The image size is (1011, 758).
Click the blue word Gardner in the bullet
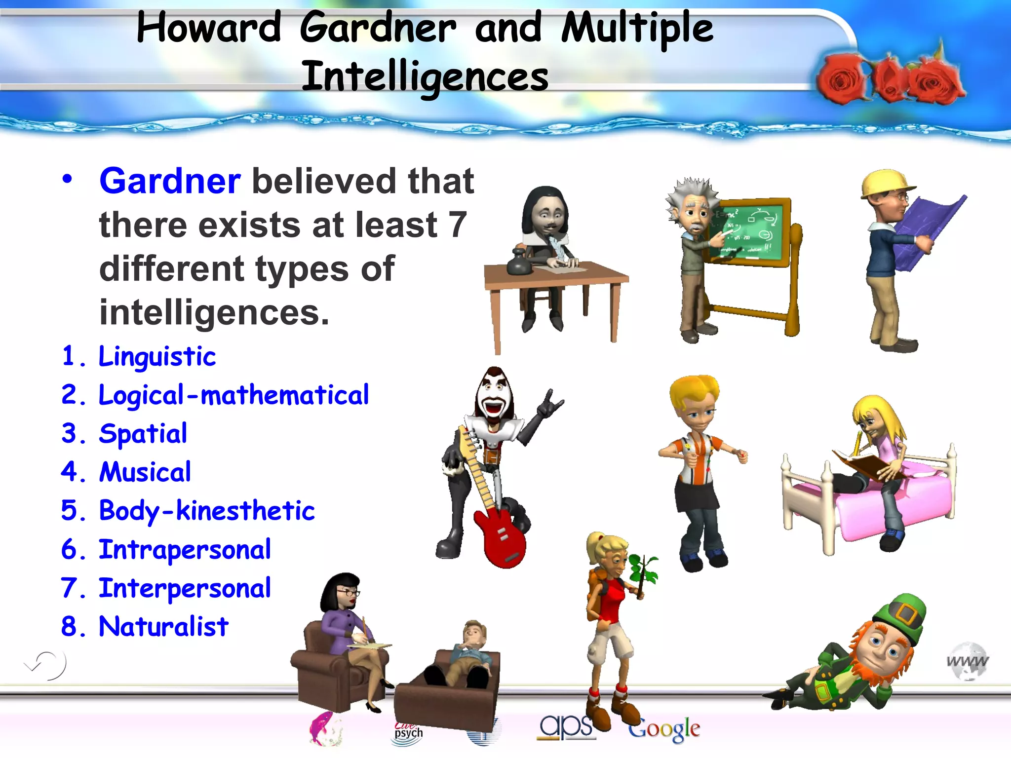170,181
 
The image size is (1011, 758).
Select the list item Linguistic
157,356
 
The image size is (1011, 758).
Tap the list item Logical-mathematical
233,395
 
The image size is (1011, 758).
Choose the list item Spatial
143,434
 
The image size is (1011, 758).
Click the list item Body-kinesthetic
206,511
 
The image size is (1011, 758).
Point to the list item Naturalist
163,627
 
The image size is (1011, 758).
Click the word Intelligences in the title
425,76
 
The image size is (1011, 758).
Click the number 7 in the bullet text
457,225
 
